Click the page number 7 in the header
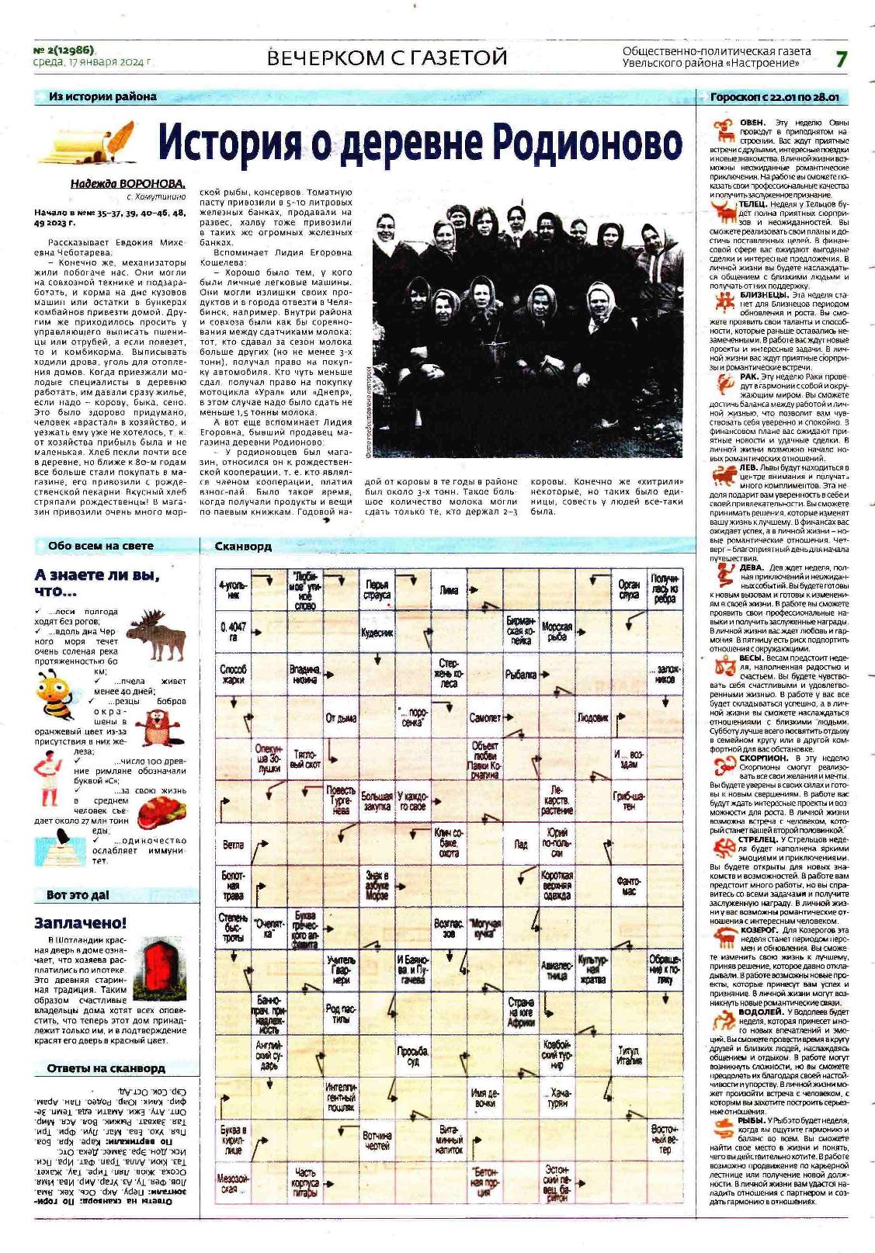click(841, 58)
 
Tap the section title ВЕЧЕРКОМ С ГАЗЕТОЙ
click(387, 57)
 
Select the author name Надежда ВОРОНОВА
click(128, 184)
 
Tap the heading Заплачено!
click(80, 923)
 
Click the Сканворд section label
click(243, 546)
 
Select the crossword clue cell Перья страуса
click(377, 590)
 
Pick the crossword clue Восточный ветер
click(665, 1139)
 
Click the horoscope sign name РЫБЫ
click(751, 1121)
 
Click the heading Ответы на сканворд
click(106, 1068)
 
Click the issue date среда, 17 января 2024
click(92, 62)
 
